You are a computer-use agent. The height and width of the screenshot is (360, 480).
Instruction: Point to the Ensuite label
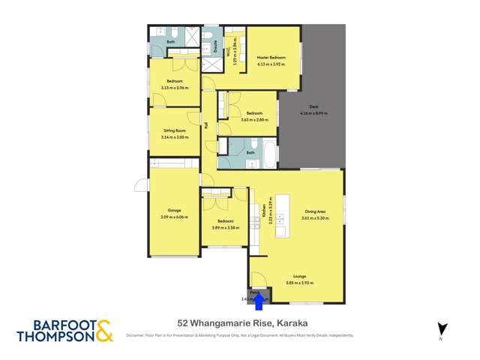215,47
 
